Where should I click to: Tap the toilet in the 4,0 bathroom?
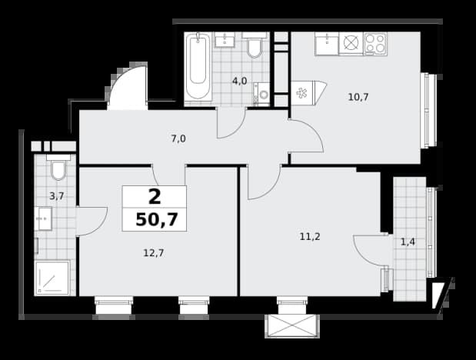click(x=254, y=45)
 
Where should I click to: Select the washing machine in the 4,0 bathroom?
click(x=261, y=94)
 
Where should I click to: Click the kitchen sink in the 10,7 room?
click(x=327, y=44)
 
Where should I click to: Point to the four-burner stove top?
click(x=375, y=44)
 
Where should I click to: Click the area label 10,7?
click(x=358, y=97)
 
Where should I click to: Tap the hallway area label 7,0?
click(x=178, y=138)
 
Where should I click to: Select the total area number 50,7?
click(x=156, y=219)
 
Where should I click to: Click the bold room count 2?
click(x=155, y=197)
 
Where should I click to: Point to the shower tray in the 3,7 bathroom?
click(x=52, y=278)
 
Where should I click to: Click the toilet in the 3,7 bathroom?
click(x=58, y=167)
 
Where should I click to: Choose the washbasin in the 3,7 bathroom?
click(x=43, y=218)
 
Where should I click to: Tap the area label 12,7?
click(x=154, y=253)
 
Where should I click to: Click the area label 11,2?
click(x=310, y=236)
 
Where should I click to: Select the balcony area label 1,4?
click(x=408, y=242)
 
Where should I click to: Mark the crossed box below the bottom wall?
click(x=292, y=326)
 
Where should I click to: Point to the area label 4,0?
click(x=239, y=81)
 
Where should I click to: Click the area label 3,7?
click(x=57, y=196)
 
